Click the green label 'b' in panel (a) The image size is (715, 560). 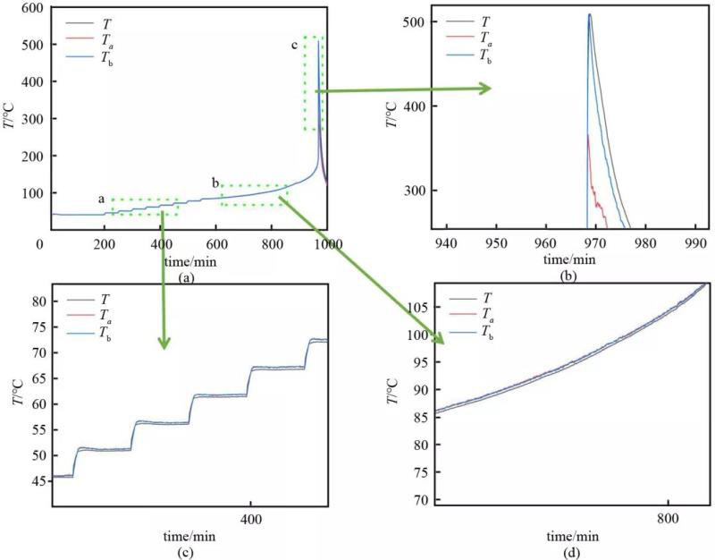[x=215, y=182]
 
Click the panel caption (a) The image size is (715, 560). [x=186, y=278]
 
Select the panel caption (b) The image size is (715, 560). [x=568, y=276]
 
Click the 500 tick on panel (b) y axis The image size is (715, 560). [x=410, y=21]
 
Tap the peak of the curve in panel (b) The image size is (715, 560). [x=590, y=14]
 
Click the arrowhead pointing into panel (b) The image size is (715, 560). [x=485, y=88]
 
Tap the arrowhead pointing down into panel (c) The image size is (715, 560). [x=163, y=343]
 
